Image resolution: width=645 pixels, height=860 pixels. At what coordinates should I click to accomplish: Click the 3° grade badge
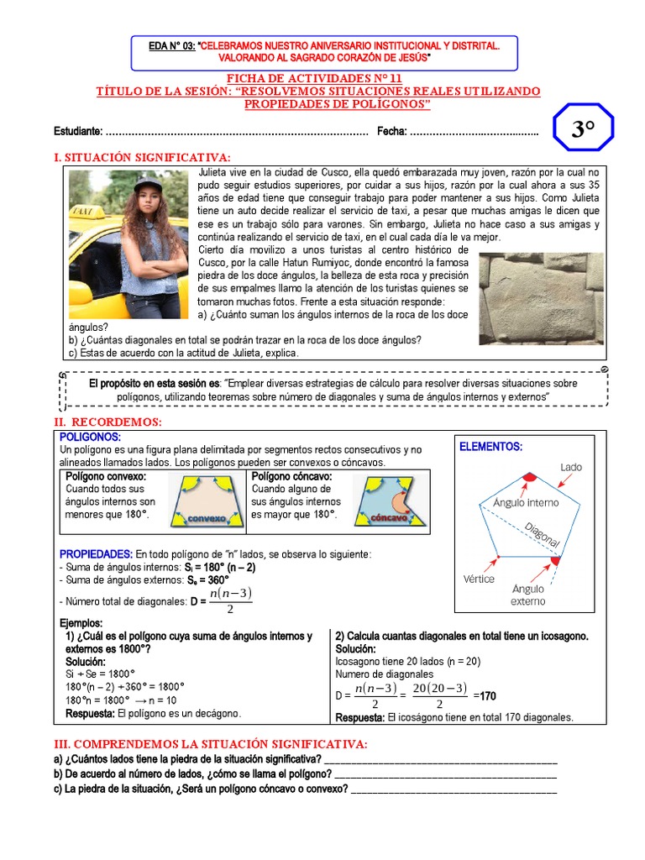(x=583, y=128)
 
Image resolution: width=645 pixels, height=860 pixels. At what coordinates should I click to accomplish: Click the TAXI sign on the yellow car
(x=83, y=212)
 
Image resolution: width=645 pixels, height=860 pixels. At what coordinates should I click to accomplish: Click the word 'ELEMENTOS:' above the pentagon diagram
(x=490, y=447)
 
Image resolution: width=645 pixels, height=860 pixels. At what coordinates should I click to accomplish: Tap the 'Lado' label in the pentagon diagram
(x=571, y=467)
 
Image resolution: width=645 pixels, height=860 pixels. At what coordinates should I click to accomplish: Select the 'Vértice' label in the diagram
(x=479, y=579)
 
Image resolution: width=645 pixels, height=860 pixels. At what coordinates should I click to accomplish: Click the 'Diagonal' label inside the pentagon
(x=543, y=534)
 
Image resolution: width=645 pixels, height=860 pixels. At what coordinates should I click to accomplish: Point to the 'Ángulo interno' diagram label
(x=526, y=503)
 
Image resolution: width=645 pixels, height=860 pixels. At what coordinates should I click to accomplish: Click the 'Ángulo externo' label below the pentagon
(x=528, y=595)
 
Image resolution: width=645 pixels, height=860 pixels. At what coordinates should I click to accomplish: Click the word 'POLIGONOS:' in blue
(x=90, y=438)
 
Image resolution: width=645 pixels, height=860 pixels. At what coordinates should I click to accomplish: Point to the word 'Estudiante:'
(x=79, y=131)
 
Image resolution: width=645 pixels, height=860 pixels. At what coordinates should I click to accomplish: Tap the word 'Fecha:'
(x=392, y=131)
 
